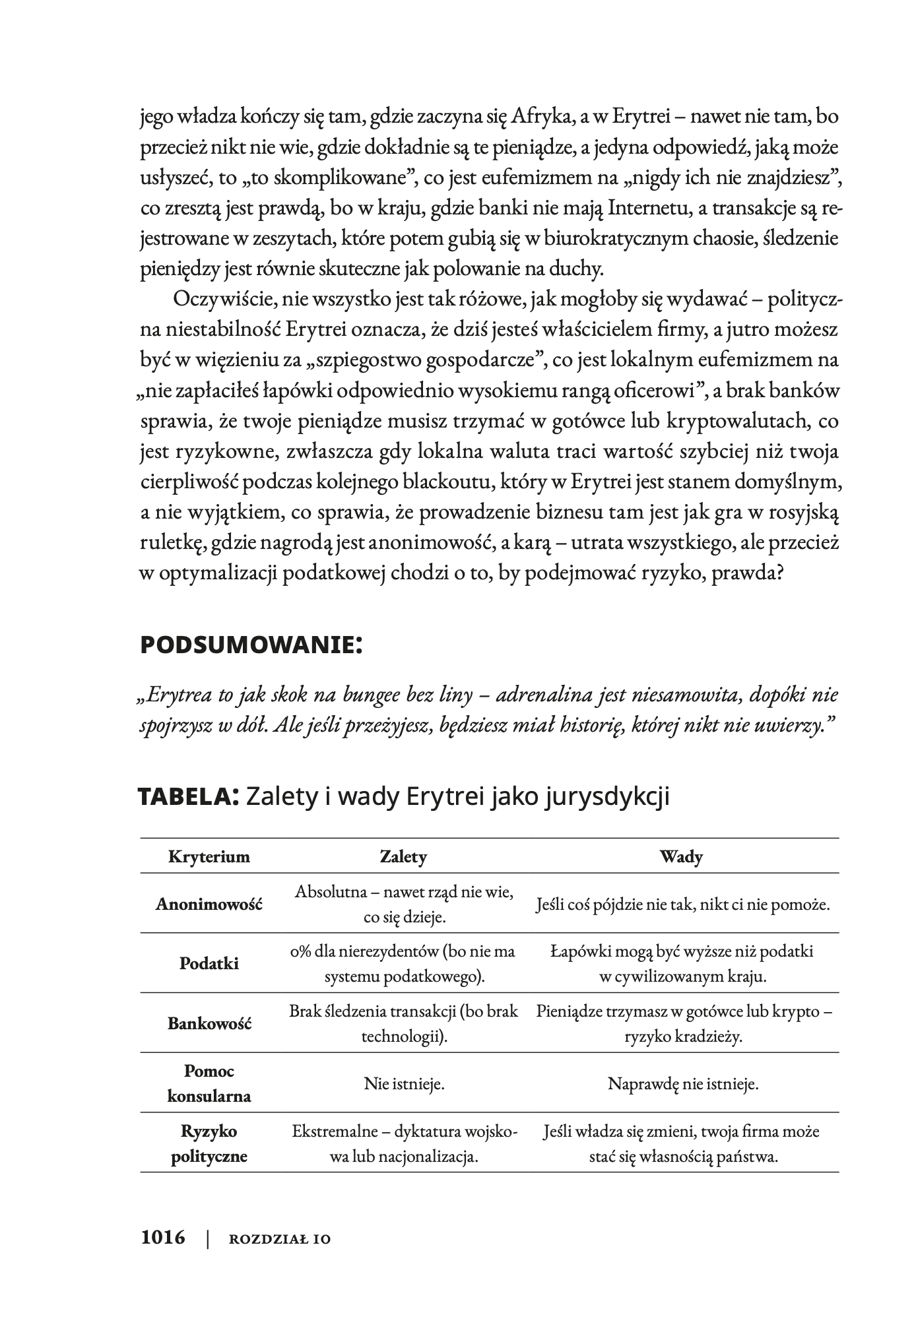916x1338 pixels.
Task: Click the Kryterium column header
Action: pyautogui.click(x=209, y=857)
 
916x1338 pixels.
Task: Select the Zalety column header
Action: pyautogui.click(x=404, y=857)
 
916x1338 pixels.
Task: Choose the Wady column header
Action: pyautogui.click(x=682, y=857)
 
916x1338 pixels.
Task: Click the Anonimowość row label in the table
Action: pyautogui.click(x=209, y=904)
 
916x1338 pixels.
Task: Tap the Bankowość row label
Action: pyautogui.click(x=209, y=1024)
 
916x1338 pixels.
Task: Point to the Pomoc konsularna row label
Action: pyautogui.click(x=209, y=1083)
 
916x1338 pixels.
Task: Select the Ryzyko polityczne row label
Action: pyautogui.click(x=209, y=1143)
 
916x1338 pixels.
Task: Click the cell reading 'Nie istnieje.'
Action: pyautogui.click(x=404, y=1083)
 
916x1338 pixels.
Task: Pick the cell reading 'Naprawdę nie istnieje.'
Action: pyautogui.click(x=683, y=1083)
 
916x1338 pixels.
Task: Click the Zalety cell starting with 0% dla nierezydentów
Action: pyautogui.click(x=404, y=964)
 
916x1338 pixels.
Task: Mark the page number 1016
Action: pyautogui.click(x=163, y=1237)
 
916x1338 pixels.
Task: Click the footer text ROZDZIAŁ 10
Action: pyautogui.click(x=279, y=1239)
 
